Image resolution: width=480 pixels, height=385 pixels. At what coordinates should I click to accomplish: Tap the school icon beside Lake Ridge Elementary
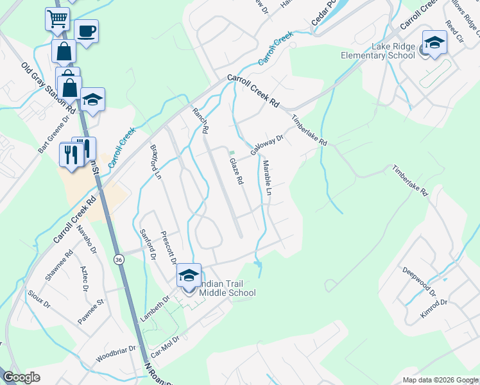coord(434,43)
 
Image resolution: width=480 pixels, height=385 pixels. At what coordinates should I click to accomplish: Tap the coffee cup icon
coord(86,30)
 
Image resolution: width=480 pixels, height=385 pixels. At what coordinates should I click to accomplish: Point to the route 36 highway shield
coord(119,259)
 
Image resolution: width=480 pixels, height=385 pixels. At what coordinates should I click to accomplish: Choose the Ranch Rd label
coord(201,121)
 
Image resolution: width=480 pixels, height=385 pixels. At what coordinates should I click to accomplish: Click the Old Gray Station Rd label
coord(48,88)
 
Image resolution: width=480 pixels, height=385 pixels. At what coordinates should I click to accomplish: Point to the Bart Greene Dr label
coord(53,134)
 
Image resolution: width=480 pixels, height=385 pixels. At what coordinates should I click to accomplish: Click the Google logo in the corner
coord(22,377)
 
